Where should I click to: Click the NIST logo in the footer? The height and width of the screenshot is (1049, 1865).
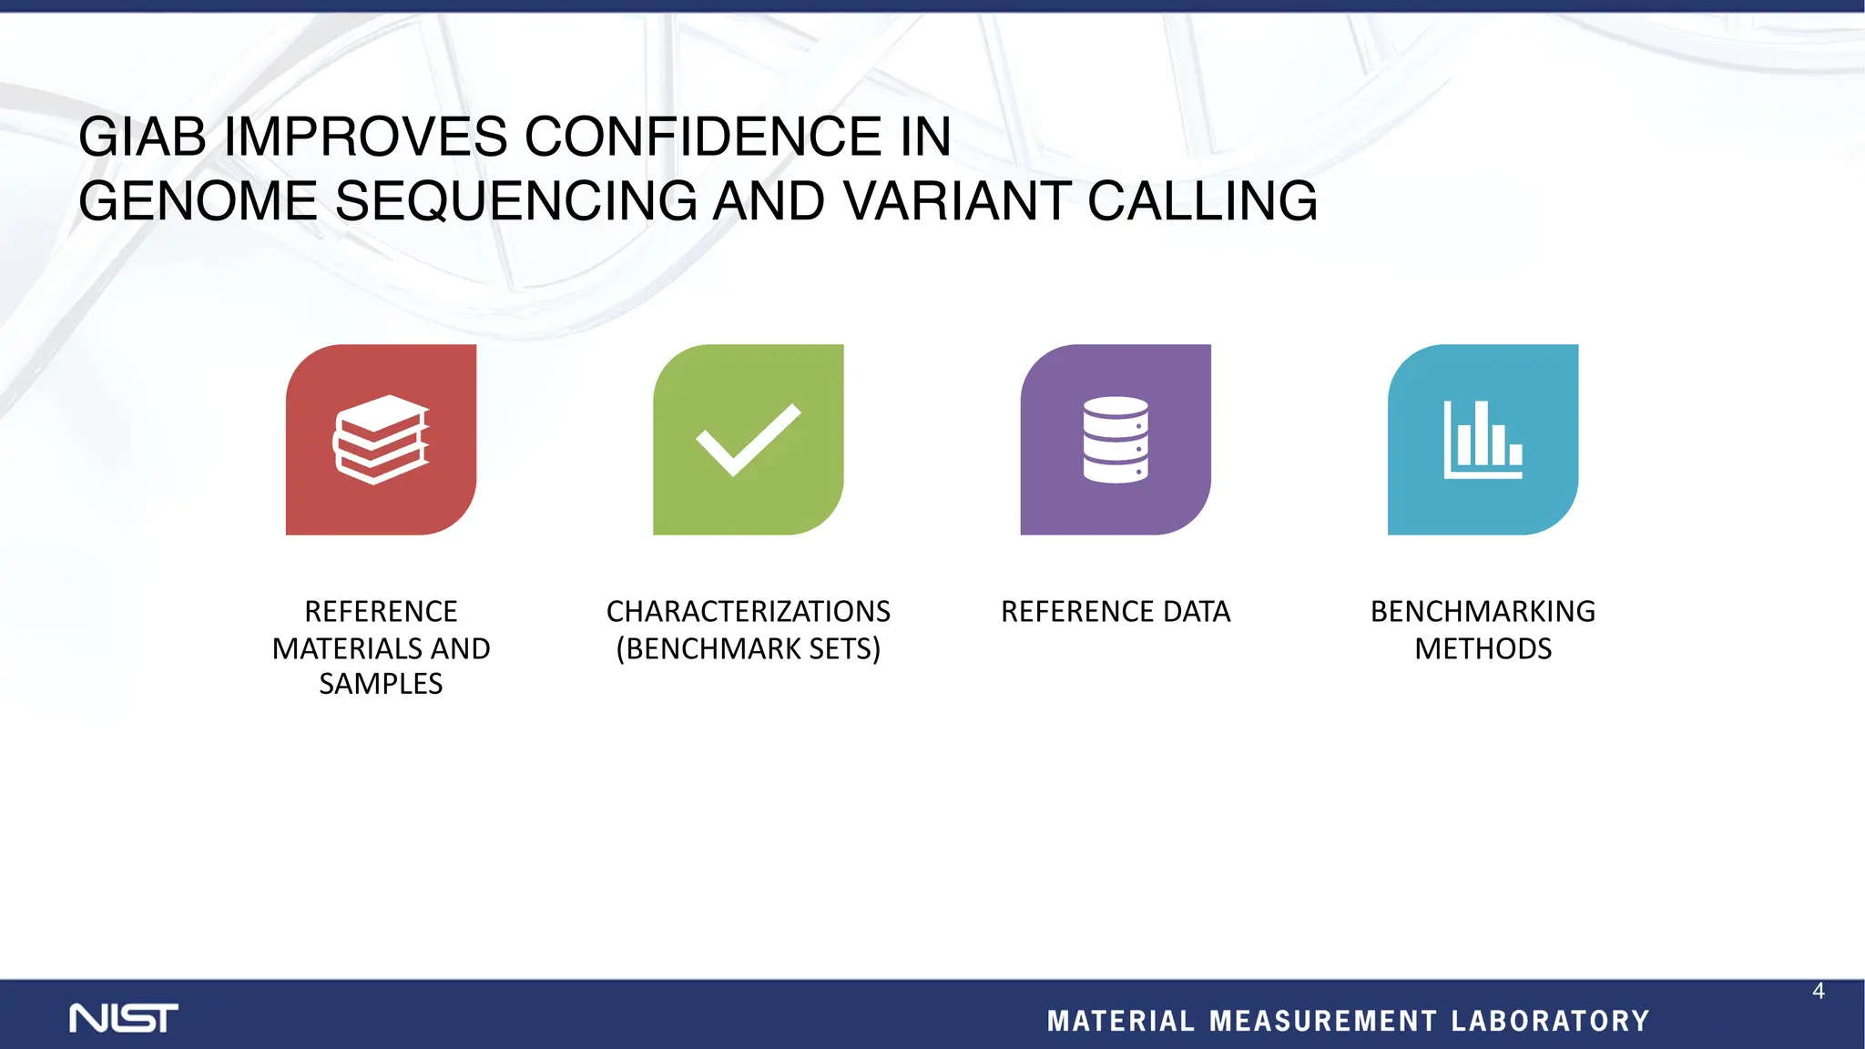click(124, 1018)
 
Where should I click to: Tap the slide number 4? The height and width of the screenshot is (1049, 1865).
click(1818, 992)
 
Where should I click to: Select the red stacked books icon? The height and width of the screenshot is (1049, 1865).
click(381, 439)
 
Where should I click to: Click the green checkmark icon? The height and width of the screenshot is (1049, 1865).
click(749, 439)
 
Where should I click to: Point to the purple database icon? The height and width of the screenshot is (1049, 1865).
click(1116, 439)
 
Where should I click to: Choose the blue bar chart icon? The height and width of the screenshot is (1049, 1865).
click(1483, 439)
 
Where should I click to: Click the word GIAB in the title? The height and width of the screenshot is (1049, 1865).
click(143, 137)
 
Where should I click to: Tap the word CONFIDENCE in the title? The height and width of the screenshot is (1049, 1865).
click(702, 137)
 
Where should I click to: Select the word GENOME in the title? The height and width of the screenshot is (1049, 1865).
click(198, 201)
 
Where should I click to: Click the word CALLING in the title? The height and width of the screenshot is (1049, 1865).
click(1202, 201)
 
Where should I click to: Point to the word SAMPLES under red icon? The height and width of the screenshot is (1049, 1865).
click(381, 684)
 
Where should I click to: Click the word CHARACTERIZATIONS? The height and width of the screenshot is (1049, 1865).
click(749, 611)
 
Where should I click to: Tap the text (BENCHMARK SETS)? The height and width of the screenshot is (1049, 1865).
click(749, 648)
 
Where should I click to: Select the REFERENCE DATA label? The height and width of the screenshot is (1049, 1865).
click(1116, 611)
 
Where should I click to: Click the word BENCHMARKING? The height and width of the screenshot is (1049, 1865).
click(1483, 611)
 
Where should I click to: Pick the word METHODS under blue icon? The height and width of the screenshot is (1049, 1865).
click(1483, 648)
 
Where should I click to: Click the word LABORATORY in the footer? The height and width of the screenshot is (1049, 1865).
click(1550, 1021)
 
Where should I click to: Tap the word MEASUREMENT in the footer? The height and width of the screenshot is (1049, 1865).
click(1323, 1021)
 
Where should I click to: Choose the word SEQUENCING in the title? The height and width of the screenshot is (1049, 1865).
click(516, 201)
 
